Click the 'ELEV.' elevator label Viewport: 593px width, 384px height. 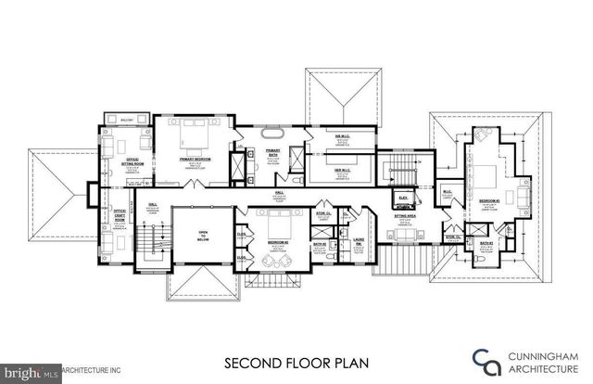click(404, 197)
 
